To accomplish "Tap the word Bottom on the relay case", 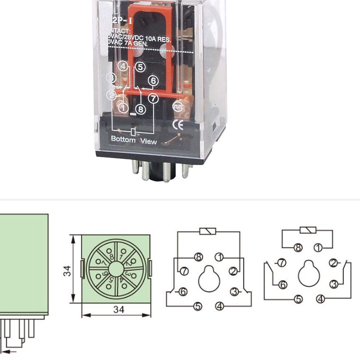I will tap(123, 139).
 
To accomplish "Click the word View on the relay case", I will tap(149, 142).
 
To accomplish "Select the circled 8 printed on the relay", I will tap(141, 109).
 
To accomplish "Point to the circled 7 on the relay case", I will tap(153, 98).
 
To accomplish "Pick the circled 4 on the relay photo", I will tap(123, 66).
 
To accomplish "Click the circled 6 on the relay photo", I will tap(153, 81).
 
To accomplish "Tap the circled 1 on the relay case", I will tap(123, 107).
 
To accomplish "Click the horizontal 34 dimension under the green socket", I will tap(119, 309).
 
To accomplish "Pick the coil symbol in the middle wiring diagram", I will tap(208, 231).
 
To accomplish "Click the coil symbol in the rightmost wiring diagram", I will tap(308, 230).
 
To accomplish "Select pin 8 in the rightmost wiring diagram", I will tap(298, 248).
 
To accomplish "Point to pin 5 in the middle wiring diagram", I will tap(198, 306).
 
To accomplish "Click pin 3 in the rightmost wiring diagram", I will tap(334, 284).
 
